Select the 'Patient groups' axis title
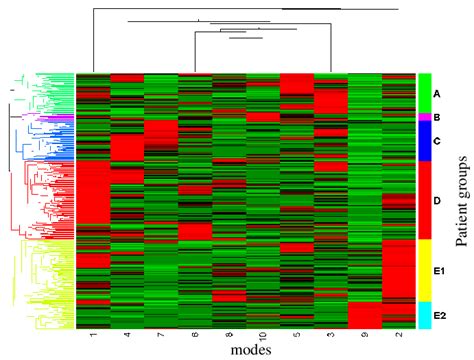(463, 199)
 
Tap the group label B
(437, 117)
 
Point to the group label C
(437, 141)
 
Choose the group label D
(437, 200)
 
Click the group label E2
(438, 314)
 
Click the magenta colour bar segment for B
(424, 117)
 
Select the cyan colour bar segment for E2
(424, 314)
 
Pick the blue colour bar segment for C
(424, 141)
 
